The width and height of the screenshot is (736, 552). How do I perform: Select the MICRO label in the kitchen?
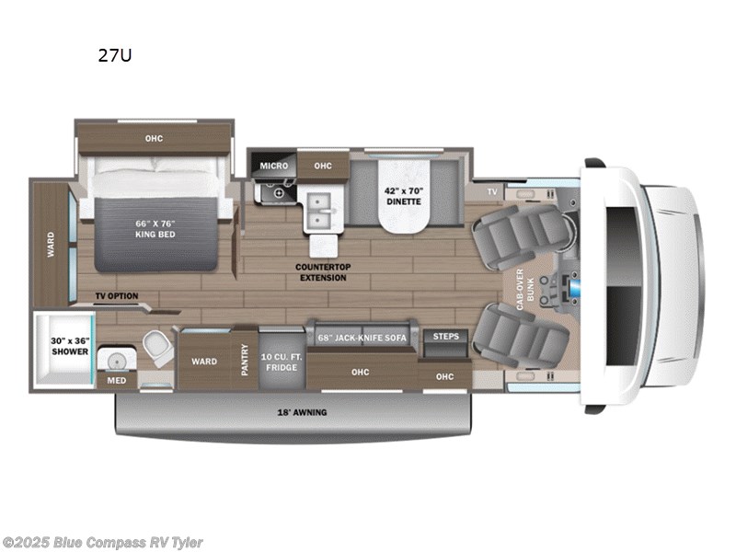[x=273, y=166]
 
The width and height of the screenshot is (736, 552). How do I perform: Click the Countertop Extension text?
[x=320, y=272]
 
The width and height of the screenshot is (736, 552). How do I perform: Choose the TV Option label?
[x=116, y=296]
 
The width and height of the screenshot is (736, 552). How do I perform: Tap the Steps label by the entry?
[x=445, y=337]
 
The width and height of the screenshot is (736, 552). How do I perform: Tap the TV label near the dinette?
[x=491, y=191]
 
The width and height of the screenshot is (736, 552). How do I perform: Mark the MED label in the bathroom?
[x=116, y=379]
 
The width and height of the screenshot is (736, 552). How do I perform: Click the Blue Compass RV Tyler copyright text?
[x=103, y=543]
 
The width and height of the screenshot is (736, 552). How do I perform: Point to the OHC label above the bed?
[x=154, y=139]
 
